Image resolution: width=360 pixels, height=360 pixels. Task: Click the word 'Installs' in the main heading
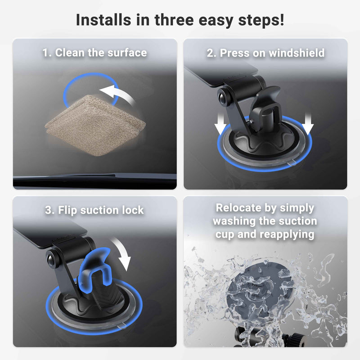[x=103, y=20]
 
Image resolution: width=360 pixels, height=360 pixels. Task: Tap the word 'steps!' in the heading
[x=261, y=21]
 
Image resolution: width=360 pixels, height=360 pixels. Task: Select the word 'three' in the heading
[x=174, y=20]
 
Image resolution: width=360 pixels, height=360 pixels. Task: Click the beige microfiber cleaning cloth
[x=95, y=126]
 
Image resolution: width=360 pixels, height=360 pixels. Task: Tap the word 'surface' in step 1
[x=127, y=53]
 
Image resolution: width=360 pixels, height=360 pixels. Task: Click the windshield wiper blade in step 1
[x=94, y=179]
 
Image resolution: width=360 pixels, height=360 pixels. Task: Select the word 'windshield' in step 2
[x=297, y=53]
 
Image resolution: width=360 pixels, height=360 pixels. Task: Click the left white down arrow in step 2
[x=220, y=124]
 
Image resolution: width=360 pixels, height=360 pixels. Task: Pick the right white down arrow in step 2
[x=308, y=124]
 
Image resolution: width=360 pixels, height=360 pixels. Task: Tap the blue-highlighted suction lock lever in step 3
[x=94, y=269]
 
